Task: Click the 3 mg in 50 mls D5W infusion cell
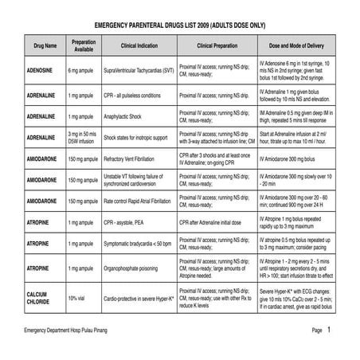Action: point(85,138)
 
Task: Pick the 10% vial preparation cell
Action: point(77,296)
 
